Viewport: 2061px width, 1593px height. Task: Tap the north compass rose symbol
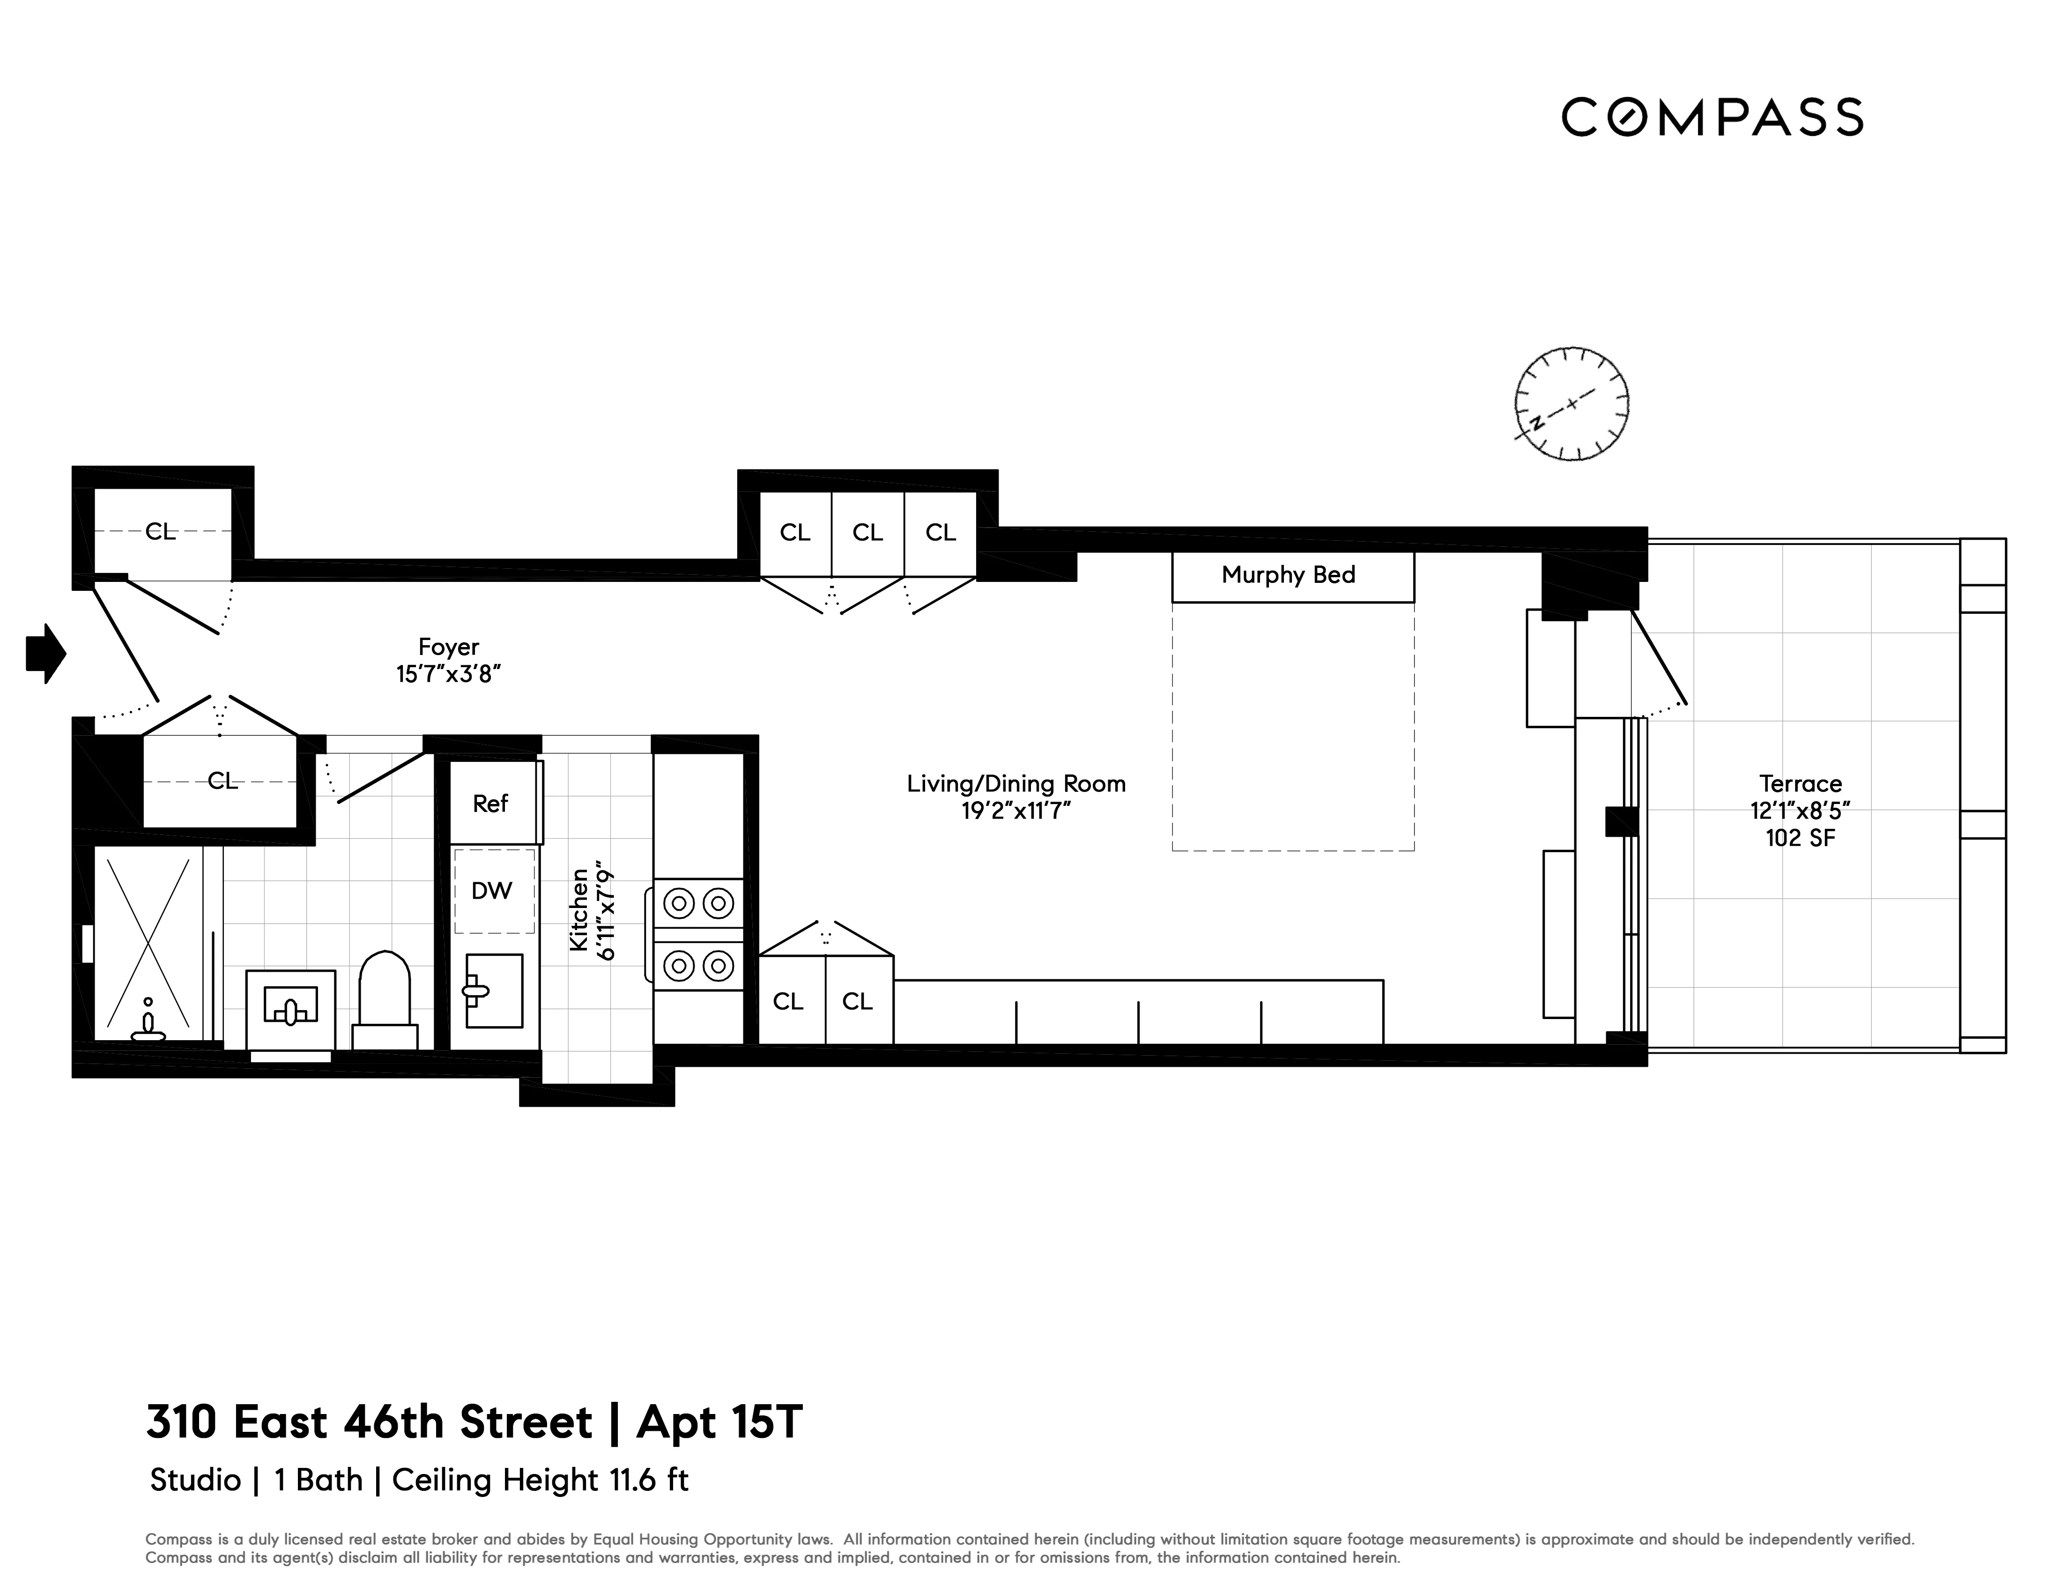pyautogui.click(x=1571, y=404)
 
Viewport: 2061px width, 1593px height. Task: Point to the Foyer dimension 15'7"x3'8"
pyautogui.click(x=448, y=674)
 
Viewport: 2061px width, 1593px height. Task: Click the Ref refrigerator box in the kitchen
pyautogui.click(x=491, y=803)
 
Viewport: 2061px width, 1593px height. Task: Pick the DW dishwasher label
pyautogui.click(x=492, y=890)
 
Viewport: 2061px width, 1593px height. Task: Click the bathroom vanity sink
pyautogui.click(x=291, y=1008)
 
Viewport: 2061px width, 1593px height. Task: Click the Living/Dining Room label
pyautogui.click(x=1016, y=783)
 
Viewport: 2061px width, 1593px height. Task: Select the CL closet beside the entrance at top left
pyautogui.click(x=160, y=531)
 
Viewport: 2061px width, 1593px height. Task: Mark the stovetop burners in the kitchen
pyautogui.click(x=698, y=934)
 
